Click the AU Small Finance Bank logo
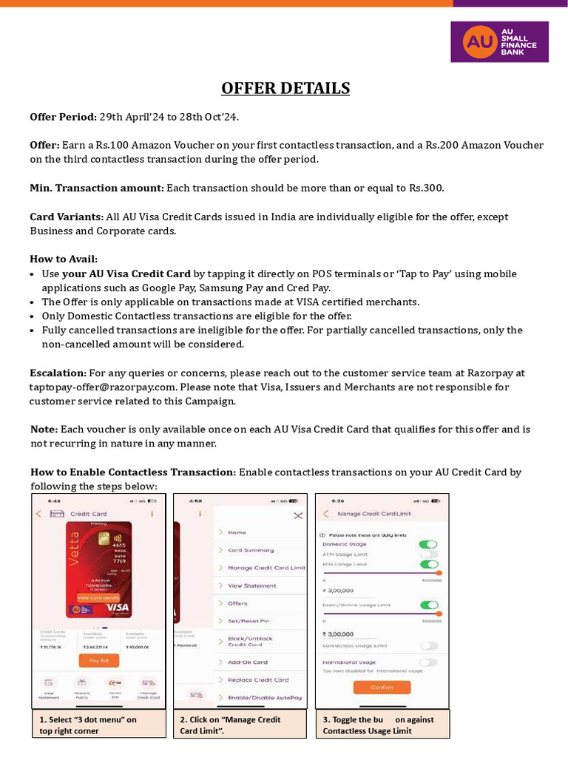(500, 41)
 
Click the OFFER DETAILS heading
(285, 89)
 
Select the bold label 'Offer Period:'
(63, 118)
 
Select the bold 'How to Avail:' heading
(64, 259)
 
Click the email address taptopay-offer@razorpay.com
(103, 387)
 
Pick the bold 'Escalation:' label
(58, 373)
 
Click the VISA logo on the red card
(118, 607)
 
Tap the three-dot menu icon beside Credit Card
(152, 513)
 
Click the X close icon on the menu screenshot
(298, 515)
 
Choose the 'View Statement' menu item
(251, 585)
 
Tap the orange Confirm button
(382, 687)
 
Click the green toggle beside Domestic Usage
(429, 544)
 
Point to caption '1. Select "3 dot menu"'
(88, 719)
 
